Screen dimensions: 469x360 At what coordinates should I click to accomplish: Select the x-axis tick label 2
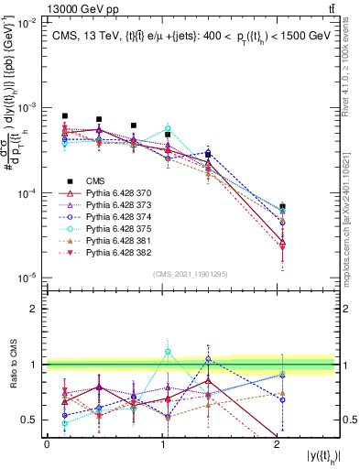coord(278,444)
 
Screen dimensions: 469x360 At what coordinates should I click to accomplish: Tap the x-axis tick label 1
coord(162,444)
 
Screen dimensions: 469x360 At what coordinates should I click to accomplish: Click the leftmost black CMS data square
coord(65,116)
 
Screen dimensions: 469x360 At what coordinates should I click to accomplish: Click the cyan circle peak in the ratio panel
coord(168,352)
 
